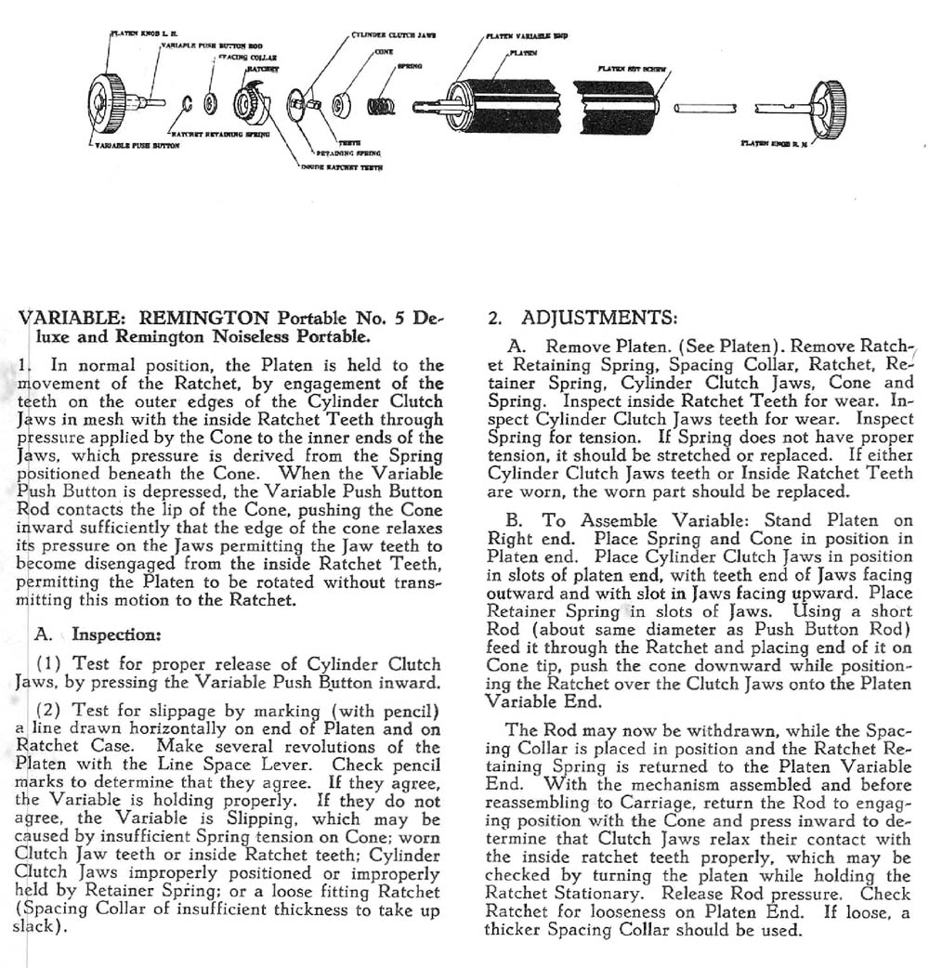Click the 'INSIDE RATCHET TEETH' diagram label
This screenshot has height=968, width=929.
[x=343, y=167]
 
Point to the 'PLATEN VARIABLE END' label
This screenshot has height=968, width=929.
[x=525, y=36]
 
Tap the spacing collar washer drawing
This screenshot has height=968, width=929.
[x=210, y=100]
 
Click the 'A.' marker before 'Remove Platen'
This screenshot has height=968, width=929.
[x=518, y=346]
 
